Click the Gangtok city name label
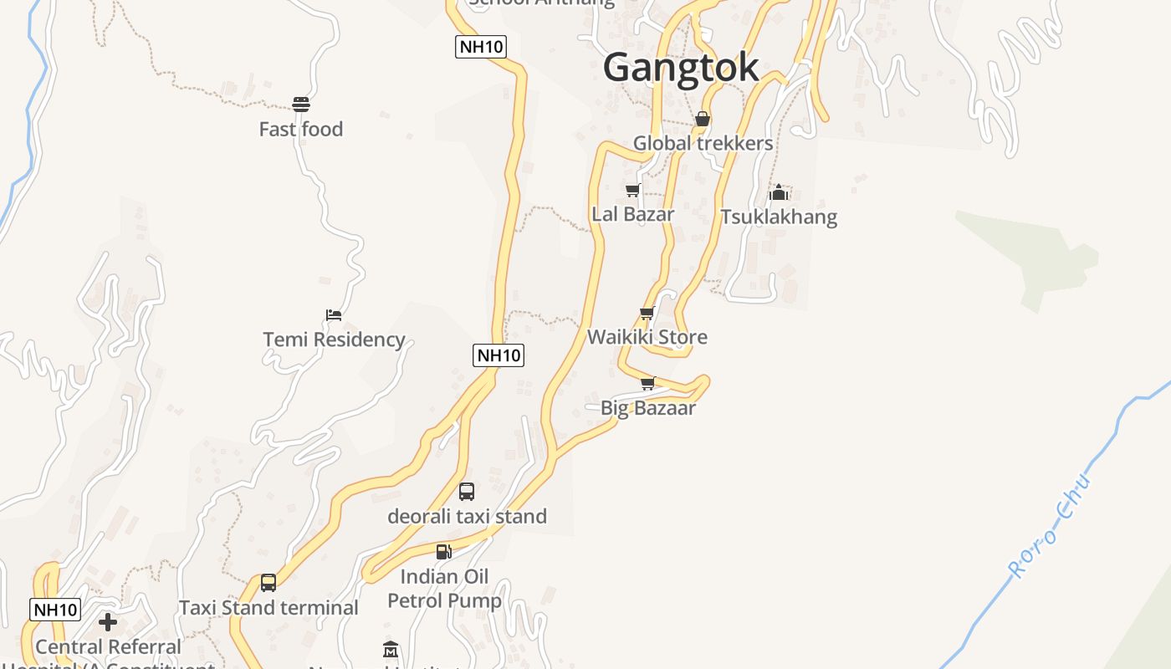point(681,67)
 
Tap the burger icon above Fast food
point(301,104)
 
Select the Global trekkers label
point(703,143)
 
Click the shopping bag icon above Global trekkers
point(703,120)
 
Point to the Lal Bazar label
point(632,214)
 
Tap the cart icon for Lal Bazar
point(632,191)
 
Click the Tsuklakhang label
point(779,217)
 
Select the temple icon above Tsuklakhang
point(779,193)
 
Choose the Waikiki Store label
point(647,337)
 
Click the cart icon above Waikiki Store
point(647,314)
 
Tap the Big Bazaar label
point(648,408)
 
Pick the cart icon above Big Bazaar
point(647,384)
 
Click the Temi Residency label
point(334,340)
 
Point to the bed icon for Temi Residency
point(334,315)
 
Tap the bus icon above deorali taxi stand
point(467,492)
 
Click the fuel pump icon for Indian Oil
point(443,552)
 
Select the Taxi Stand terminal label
point(268,608)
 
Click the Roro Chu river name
point(1051,528)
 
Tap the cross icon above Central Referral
point(108,622)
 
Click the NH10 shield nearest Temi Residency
point(499,355)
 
